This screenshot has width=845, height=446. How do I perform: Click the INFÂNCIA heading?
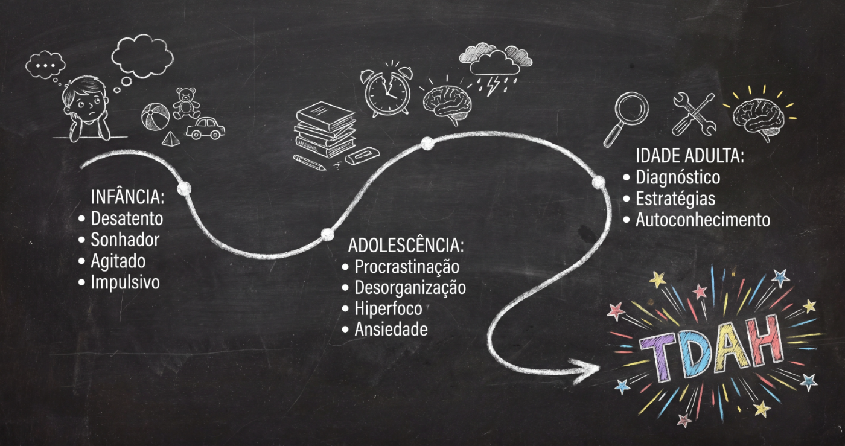(127, 197)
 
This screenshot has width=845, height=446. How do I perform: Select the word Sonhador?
(125, 240)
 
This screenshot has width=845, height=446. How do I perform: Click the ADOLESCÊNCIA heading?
(406, 246)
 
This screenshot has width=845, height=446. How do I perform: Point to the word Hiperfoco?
(388, 308)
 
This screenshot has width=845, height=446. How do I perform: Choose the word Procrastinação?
(407, 267)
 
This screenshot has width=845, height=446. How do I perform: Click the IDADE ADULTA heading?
(690, 156)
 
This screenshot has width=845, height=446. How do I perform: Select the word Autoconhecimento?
(703, 220)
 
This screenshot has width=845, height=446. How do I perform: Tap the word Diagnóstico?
(678, 177)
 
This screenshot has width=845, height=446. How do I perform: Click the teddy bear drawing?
(186, 103)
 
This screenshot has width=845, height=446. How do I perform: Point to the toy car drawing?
(205, 129)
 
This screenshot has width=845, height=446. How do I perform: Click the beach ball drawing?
(155, 117)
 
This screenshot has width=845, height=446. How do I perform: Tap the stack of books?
(325, 129)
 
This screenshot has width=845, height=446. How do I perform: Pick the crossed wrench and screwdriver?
(694, 114)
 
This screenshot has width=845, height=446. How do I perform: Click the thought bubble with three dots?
(45, 66)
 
